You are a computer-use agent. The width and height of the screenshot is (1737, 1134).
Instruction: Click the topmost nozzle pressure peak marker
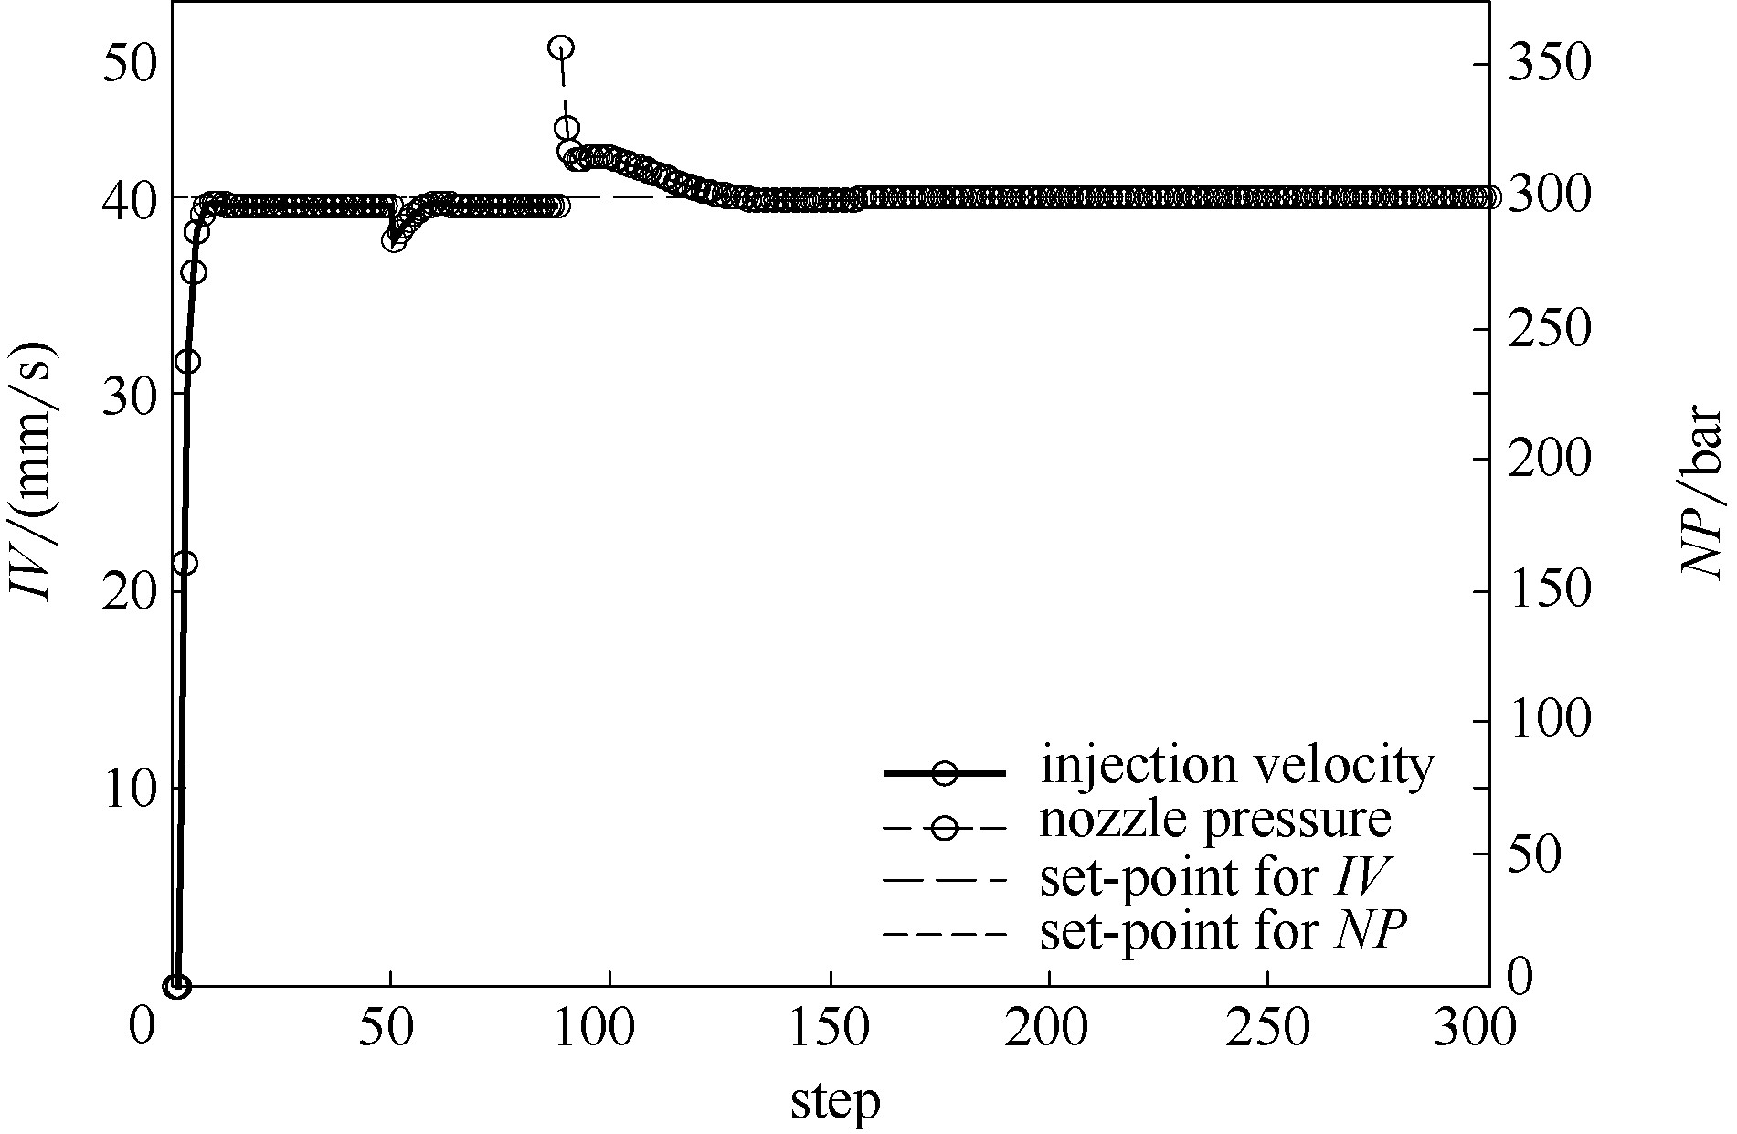click(x=561, y=48)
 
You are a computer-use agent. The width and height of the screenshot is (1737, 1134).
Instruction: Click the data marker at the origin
click(x=176, y=986)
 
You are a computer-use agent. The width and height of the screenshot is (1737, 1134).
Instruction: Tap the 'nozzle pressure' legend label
click(x=1215, y=821)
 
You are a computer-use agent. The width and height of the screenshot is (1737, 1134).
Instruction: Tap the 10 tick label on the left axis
click(x=132, y=790)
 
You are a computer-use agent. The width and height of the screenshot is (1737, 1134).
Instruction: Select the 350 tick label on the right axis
click(x=1548, y=66)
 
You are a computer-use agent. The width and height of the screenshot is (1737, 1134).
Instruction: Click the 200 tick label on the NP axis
click(x=1548, y=460)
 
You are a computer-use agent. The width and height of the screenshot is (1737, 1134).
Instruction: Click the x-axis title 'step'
click(x=834, y=1103)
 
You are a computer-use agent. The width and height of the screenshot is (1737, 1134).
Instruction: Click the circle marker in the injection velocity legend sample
click(x=945, y=773)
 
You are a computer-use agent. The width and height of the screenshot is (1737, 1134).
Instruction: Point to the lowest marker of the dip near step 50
click(x=394, y=241)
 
